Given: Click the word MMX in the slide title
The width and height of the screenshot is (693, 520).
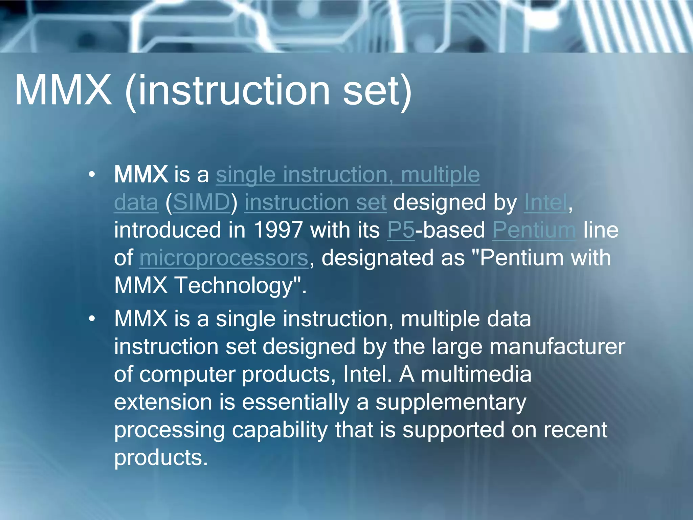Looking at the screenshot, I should coord(63,90).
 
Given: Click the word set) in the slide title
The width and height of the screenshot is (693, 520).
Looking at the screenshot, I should coord(377,90).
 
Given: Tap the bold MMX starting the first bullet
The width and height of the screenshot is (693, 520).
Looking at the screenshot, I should coord(141,175).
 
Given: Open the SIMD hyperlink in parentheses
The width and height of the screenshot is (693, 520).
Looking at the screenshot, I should coord(201,202).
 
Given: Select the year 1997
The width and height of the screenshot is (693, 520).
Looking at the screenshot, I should coord(278,230).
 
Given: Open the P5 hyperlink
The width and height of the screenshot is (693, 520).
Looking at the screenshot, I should coord(401,230).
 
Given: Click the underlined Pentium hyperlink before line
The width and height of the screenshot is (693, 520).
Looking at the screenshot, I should coord(534,230).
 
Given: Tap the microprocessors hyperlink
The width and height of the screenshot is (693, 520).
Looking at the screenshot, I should coord(224,258).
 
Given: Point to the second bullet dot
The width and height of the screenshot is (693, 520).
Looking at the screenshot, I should coord(92,319).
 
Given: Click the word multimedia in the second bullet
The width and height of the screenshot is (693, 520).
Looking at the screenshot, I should coord(476,375).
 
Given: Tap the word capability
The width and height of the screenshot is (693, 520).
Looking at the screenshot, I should coord(280,430).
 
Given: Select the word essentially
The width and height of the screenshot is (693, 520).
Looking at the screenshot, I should coord(295,403).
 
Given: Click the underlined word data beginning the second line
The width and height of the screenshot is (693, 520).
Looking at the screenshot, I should coord(136,202).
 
